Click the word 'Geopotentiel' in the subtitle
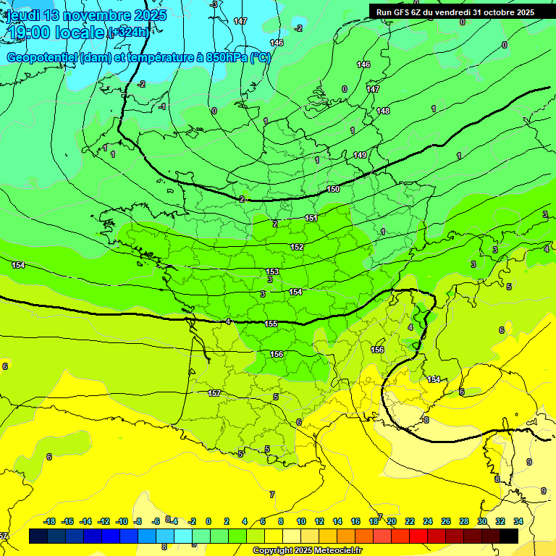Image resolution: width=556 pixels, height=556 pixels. [43, 58]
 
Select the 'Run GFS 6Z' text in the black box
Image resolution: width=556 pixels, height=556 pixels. [403, 12]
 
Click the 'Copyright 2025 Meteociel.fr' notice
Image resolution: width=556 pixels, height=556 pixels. [307, 551]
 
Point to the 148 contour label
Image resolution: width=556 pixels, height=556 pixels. [383, 111]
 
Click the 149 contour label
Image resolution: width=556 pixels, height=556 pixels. [360, 155]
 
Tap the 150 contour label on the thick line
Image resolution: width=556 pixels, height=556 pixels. [333, 189]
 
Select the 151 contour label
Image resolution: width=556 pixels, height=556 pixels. [311, 218]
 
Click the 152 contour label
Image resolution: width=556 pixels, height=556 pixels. [297, 247]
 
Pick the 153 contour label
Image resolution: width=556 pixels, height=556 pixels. [272, 271]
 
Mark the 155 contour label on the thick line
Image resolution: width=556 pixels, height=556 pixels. [271, 324]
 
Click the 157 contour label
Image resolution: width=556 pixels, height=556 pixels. [214, 393]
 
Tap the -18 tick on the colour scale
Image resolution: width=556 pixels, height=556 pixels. [50, 521]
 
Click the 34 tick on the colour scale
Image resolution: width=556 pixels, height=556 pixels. [518, 521]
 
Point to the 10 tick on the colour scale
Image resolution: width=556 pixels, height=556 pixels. [301, 521]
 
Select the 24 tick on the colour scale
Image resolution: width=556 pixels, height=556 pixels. [428, 521]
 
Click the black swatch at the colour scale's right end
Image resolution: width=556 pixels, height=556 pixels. [508, 536]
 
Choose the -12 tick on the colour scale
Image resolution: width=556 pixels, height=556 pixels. [104, 521]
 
